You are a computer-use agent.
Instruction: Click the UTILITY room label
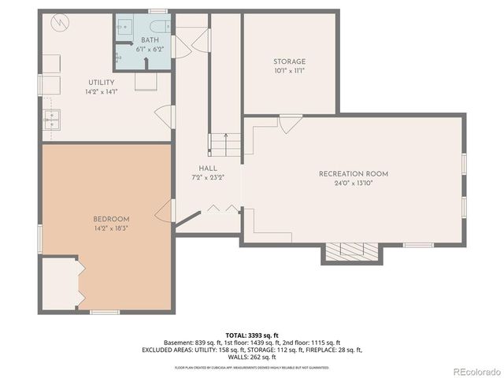(101, 82)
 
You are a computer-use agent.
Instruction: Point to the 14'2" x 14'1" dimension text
(101, 91)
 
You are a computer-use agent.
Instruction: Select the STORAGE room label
(289, 61)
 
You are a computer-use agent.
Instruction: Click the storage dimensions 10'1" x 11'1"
(289, 71)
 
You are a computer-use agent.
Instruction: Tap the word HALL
(208, 168)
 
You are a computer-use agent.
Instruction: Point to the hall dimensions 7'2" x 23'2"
(208, 177)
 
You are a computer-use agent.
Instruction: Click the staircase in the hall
(224, 143)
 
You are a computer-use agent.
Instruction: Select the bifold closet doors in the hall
(221, 208)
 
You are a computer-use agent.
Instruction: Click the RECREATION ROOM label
(353, 173)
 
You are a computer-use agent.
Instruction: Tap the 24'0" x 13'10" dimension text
(353, 183)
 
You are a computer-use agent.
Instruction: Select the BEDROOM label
(111, 218)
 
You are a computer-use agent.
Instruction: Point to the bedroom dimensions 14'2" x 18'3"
(111, 228)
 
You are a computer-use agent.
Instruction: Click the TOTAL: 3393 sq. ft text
(252, 335)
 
